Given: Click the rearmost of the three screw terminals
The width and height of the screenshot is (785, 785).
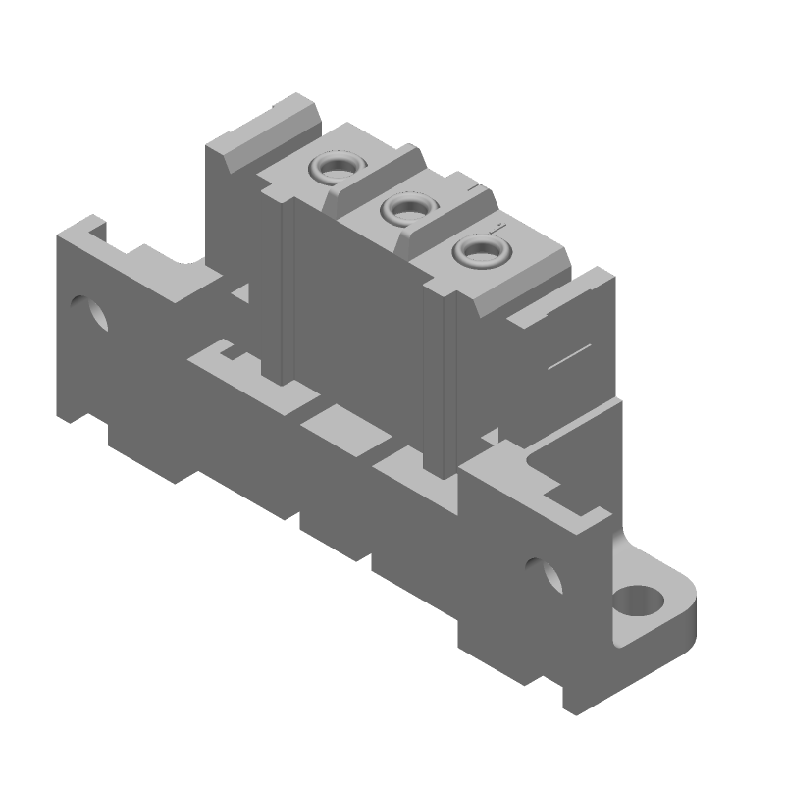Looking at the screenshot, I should (335, 168).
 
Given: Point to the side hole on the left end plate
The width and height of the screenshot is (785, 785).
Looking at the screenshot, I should (95, 312).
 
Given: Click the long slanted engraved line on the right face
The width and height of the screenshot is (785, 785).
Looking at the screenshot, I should (568, 357).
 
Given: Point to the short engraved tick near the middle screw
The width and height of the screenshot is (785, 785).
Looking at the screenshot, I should (473, 185).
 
